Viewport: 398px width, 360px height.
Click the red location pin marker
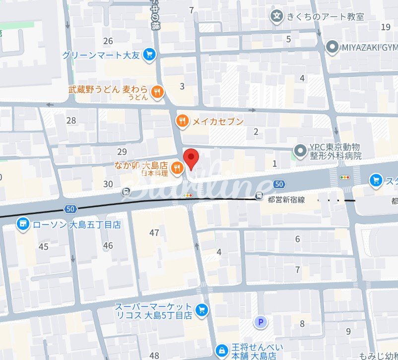pyautogui.click(x=191, y=158)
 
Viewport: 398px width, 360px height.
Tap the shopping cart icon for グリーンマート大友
pyautogui.click(x=148, y=55)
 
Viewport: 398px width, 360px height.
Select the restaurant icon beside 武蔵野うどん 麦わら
pyautogui.click(x=157, y=91)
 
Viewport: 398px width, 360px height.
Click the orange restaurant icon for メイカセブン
pyautogui.click(x=183, y=121)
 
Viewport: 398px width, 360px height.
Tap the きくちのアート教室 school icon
pyautogui.click(x=276, y=16)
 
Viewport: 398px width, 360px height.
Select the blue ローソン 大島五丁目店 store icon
pyautogui.click(x=21, y=224)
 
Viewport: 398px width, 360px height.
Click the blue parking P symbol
pyautogui.click(x=261, y=323)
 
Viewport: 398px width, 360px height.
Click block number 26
pyautogui.click(x=108, y=41)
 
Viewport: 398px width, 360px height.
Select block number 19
pyautogui.click(x=386, y=27)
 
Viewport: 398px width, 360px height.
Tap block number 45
pyautogui.click(x=44, y=247)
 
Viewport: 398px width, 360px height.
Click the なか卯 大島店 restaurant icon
pyautogui.click(x=176, y=170)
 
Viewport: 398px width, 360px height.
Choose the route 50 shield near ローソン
pyautogui.click(x=69, y=208)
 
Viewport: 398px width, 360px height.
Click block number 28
pyautogui.click(x=71, y=120)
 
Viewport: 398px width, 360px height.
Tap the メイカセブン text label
pyautogui.click(x=218, y=121)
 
